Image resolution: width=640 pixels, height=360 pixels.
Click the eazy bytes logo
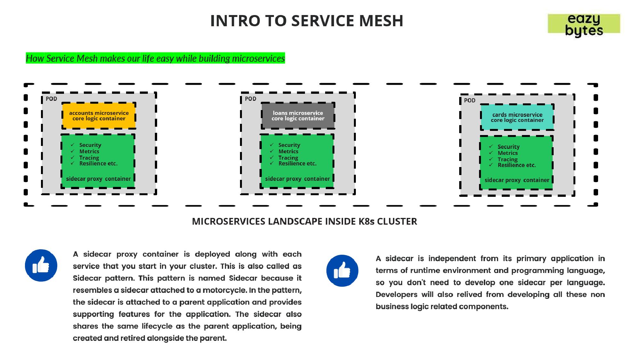[x=584, y=24]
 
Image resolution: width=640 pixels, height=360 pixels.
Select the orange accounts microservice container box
[x=99, y=116]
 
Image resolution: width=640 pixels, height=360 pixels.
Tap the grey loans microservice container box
[x=298, y=116]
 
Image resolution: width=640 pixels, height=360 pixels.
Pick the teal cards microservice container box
[x=517, y=117]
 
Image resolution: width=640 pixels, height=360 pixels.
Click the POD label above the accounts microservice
[x=51, y=99]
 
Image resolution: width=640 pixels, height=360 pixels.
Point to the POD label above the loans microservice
[x=251, y=99]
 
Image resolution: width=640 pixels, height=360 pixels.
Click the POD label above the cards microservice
[x=470, y=100]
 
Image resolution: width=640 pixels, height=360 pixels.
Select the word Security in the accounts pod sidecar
[x=90, y=145]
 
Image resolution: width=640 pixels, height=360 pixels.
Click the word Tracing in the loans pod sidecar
[x=288, y=158]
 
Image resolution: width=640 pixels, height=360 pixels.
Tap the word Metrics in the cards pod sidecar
[x=508, y=153]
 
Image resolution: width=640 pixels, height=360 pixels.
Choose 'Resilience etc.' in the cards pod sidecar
[x=516, y=165]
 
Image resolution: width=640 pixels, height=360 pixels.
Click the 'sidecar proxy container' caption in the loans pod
[x=297, y=179]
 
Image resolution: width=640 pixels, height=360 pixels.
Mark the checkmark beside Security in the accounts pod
[x=73, y=145]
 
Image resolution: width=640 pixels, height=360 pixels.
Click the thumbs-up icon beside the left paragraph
[x=41, y=266]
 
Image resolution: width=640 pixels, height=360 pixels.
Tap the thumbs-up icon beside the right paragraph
[x=342, y=271]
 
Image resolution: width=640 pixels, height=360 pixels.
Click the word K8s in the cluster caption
[x=366, y=221]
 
